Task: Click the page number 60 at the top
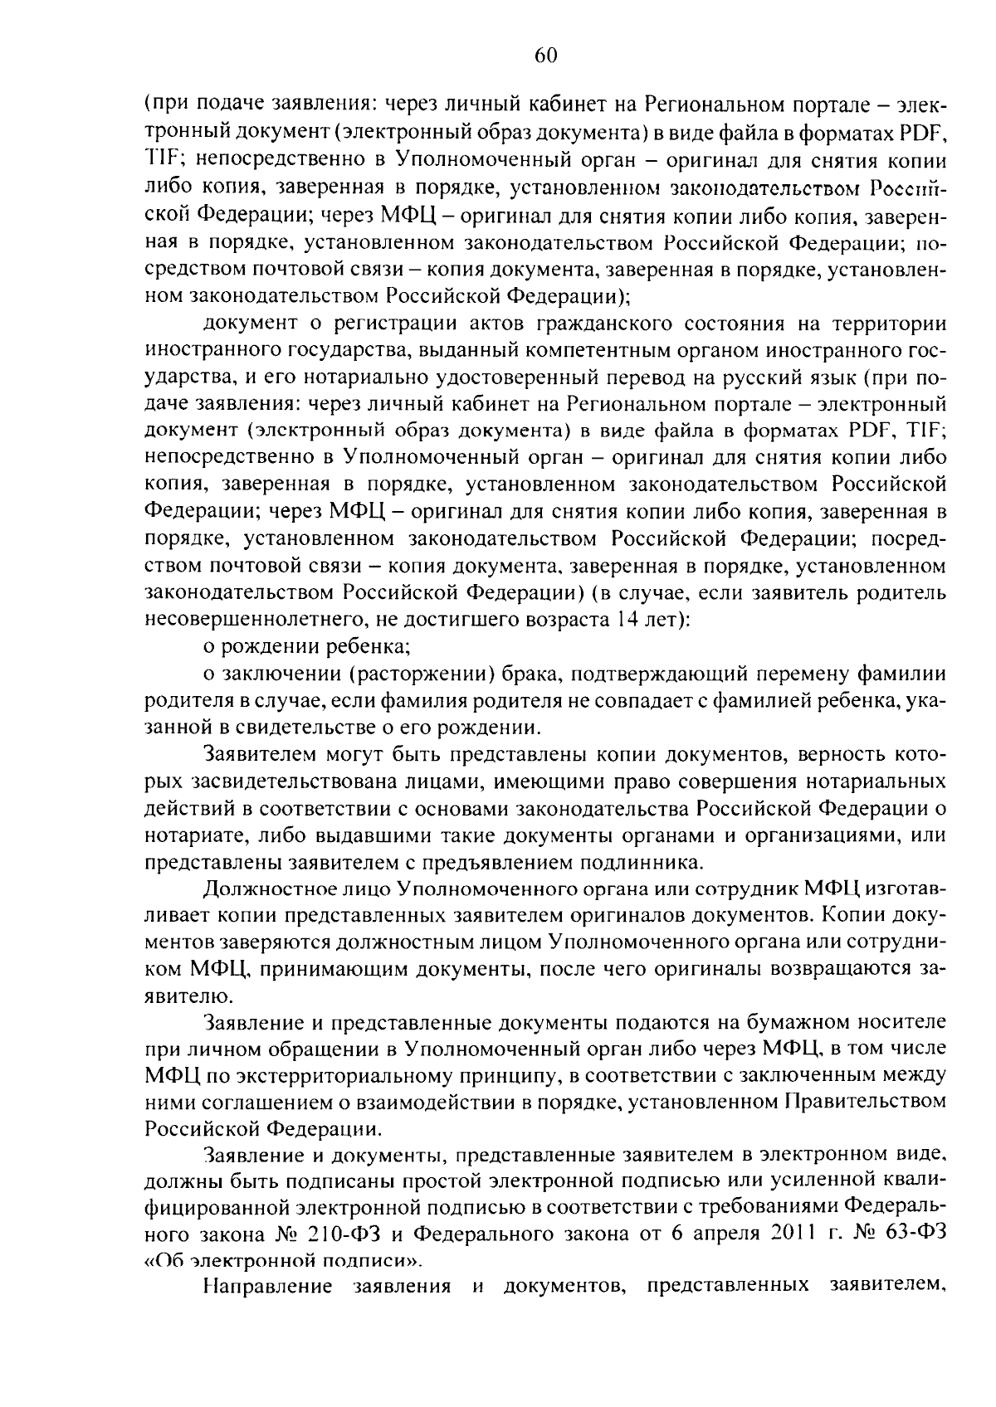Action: pos(545,56)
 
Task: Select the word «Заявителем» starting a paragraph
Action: pos(261,755)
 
